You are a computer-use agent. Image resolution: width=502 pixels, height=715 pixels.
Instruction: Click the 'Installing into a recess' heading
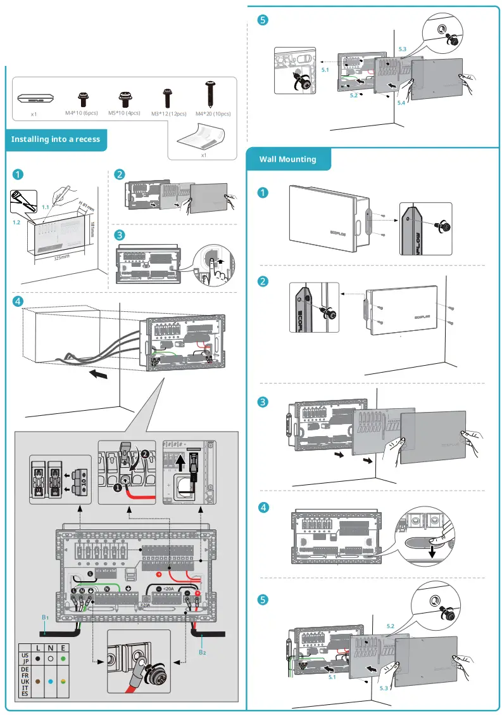coord(56,139)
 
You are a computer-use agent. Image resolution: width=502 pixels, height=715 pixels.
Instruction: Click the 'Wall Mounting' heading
coord(287,159)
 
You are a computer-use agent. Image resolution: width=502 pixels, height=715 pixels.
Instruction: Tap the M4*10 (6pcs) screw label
coord(81,113)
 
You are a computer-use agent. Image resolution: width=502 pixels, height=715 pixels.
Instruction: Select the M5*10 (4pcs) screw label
coord(124,113)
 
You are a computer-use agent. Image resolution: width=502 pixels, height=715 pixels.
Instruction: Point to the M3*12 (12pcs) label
coord(168,113)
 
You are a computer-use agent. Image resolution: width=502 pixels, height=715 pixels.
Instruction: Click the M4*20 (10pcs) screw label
coord(213,113)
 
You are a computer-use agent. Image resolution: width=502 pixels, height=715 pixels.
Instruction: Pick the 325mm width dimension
coord(61,258)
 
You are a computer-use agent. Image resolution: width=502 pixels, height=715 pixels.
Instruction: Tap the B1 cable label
coord(45,617)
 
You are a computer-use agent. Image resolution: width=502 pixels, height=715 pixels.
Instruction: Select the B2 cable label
coord(202,652)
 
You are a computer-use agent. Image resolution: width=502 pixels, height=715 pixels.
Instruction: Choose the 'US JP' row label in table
coord(25,659)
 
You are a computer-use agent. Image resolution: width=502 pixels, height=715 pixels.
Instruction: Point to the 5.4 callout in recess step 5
coord(401,102)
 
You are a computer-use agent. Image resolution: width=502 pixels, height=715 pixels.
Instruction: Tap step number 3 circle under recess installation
coord(119,234)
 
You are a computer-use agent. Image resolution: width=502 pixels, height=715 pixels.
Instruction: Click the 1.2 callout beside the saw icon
coord(16,223)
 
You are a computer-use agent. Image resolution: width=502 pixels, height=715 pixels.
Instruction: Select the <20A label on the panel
coord(168,589)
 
